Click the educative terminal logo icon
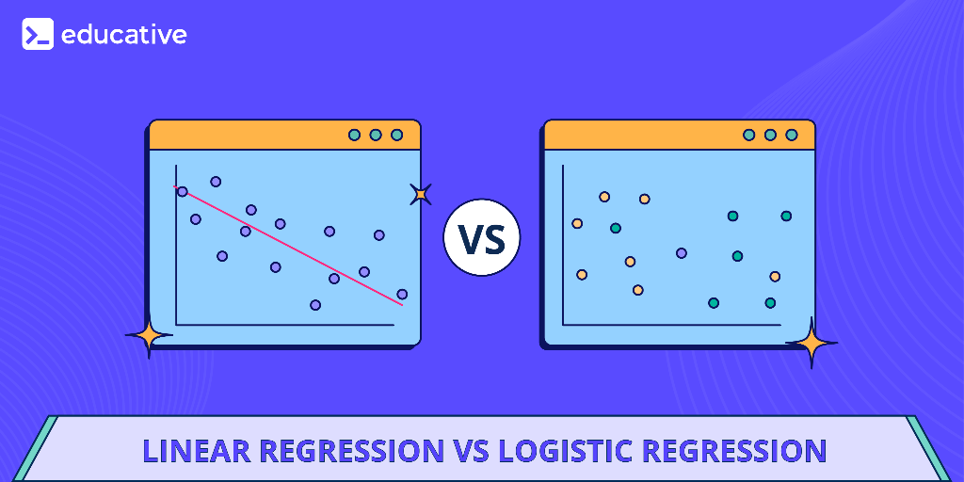pos(38,35)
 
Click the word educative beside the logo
pos(123,35)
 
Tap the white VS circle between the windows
pos(481,237)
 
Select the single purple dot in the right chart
pos(682,252)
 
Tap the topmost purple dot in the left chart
pos(216,181)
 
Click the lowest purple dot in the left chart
pos(315,305)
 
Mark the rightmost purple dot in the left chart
pos(402,294)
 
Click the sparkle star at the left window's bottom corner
pos(149,334)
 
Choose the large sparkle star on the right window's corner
pos(811,343)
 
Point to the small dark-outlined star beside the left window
pos(421,194)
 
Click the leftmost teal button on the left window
pos(354,135)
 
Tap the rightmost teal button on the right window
pos(792,135)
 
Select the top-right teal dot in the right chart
pos(786,216)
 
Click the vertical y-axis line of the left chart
pos(176,245)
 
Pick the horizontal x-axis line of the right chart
pos(672,326)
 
